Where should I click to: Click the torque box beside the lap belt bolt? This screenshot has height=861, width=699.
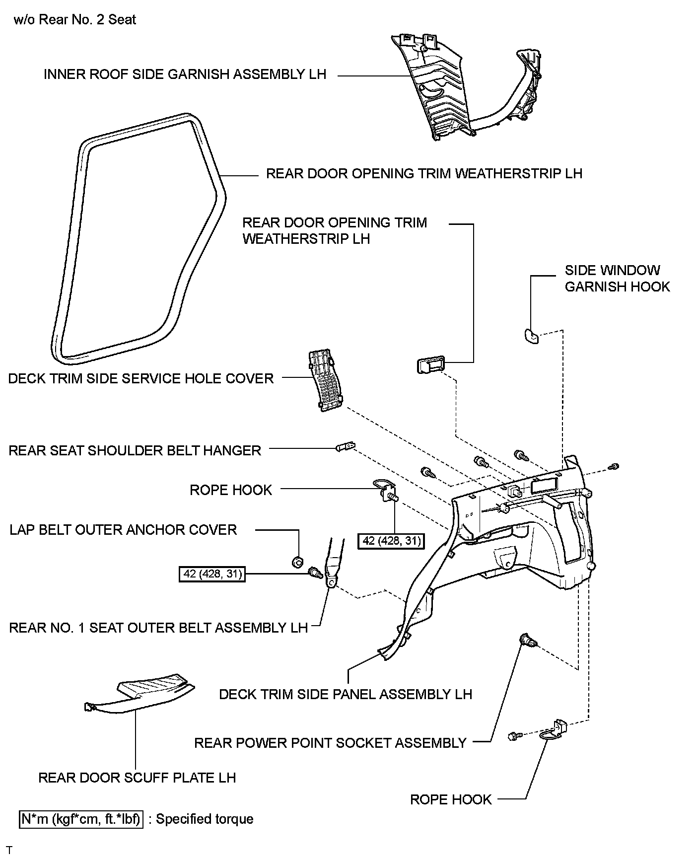click(x=212, y=574)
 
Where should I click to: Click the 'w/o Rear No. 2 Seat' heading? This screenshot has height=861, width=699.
click(x=75, y=20)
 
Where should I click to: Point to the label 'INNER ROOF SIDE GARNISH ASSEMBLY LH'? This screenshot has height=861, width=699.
click(x=185, y=74)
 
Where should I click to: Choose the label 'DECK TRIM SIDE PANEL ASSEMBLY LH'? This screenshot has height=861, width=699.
click(x=346, y=694)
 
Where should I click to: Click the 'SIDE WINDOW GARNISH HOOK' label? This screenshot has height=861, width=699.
click(x=617, y=279)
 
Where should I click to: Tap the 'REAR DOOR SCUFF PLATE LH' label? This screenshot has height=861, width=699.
click(x=137, y=778)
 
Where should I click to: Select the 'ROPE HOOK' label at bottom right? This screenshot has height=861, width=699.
click(x=451, y=799)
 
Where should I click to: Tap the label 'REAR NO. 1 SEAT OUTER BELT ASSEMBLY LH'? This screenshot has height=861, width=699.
click(x=158, y=628)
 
